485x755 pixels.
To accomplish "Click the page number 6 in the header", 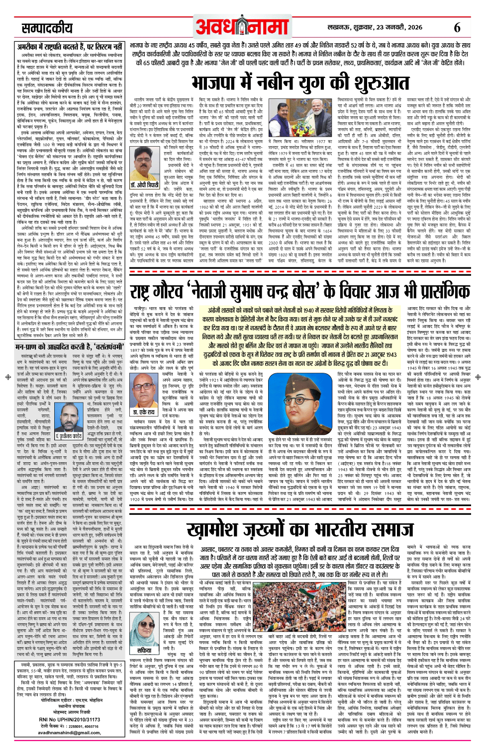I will (457, 27).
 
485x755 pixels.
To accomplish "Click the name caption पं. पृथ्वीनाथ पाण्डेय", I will (62, 436).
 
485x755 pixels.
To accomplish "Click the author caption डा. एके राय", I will (144, 412).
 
